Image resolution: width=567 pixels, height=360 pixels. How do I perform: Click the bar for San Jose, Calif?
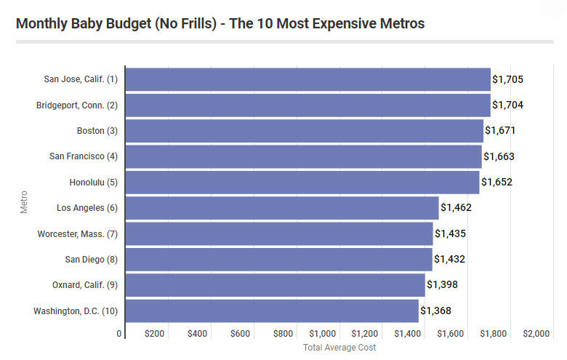pyautogui.click(x=307, y=79)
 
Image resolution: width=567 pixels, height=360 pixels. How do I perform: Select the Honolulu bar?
pyautogui.click(x=302, y=182)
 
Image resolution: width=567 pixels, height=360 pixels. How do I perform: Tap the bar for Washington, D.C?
pyautogui.click(x=272, y=311)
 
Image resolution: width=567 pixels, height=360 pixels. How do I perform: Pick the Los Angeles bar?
pyautogui.click(x=282, y=208)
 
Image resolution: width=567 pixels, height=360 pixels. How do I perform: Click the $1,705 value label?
pyautogui.click(x=507, y=79)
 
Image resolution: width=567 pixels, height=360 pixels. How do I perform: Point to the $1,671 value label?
pyautogui.click(x=500, y=131)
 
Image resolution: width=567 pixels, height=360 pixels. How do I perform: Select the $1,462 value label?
pyautogui.click(x=456, y=208)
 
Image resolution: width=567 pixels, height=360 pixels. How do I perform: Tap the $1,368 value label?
pyautogui.click(x=435, y=311)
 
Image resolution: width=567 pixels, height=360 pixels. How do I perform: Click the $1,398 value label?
pyautogui.click(x=442, y=285)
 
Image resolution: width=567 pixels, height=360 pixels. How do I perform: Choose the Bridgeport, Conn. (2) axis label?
pyautogui.click(x=76, y=105)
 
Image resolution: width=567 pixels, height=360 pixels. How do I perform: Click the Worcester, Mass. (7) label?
pyautogui.click(x=77, y=233)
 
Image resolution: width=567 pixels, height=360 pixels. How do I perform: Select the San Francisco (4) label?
pyautogui.click(x=83, y=156)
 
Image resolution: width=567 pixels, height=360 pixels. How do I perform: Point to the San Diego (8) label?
pyautogui.click(x=91, y=260)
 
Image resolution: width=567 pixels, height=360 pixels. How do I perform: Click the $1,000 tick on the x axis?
pyautogui.click(x=322, y=333)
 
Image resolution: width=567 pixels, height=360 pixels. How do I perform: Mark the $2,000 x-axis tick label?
pyautogui.click(x=536, y=333)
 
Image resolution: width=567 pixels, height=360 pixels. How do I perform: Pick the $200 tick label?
pyautogui.click(x=154, y=333)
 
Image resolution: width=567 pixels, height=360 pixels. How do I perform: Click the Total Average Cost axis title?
pyautogui.click(x=339, y=348)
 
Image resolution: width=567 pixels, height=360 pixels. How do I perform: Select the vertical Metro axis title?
pyautogui.click(x=25, y=201)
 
